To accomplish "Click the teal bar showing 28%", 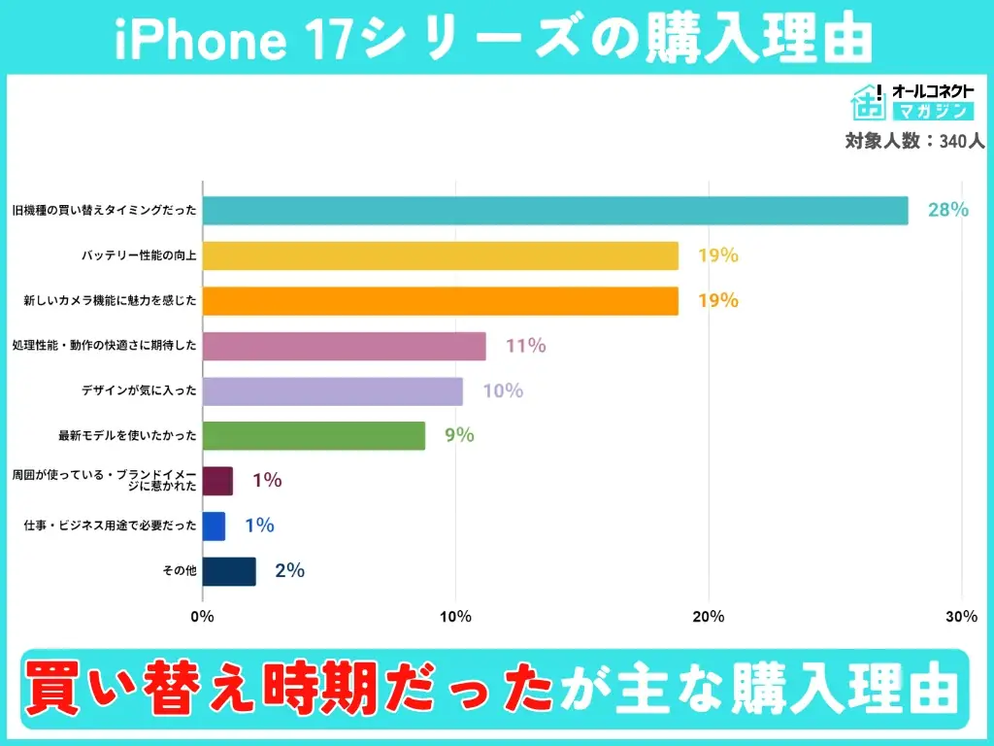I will tap(555, 211).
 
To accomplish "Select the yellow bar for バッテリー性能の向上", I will tap(440, 255).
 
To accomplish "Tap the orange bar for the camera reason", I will tap(440, 301).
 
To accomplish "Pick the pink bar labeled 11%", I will tap(345, 346).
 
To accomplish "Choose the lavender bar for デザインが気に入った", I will tap(333, 391).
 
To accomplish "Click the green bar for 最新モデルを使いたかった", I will tap(314, 436).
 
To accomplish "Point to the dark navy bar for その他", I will tap(229, 571).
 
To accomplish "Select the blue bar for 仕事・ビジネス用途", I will tap(214, 526).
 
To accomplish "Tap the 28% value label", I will tap(947, 210).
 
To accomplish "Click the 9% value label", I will tap(459, 436).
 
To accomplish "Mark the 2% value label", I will tap(289, 571).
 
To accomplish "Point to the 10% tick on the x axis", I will tap(455, 617).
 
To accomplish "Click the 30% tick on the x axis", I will tap(961, 617).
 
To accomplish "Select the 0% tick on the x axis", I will tap(202, 617).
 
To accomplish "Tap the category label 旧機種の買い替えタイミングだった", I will tap(105, 211).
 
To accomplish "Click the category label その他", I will tap(180, 571).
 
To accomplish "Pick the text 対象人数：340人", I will tap(914, 141).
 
